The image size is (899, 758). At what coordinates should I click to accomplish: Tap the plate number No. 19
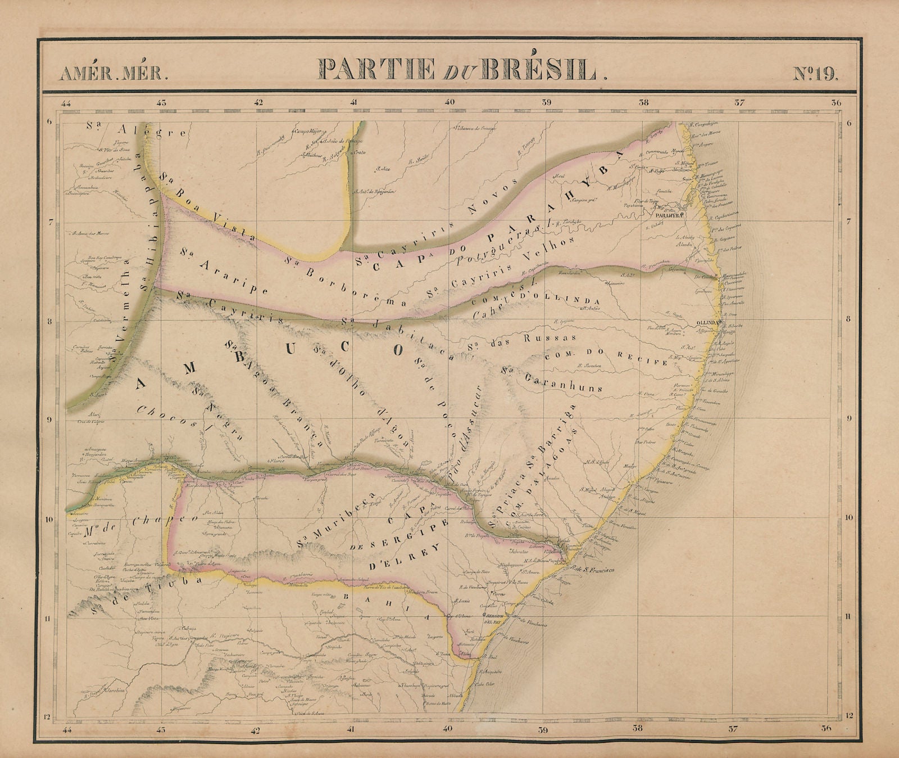click(815, 73)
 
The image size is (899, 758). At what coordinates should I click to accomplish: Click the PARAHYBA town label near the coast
click(668, 214)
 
